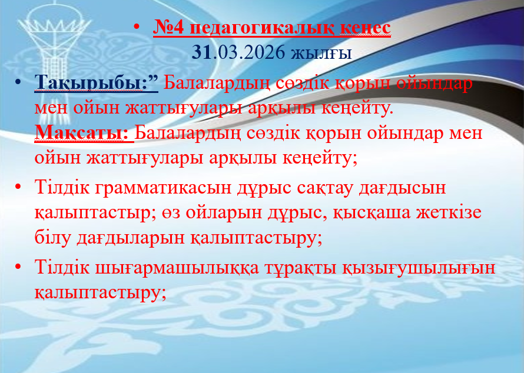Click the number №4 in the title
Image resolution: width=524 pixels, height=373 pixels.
(168, 28)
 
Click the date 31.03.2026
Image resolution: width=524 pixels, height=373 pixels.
(238, 52)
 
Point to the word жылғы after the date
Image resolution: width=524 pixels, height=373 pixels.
(321, 54)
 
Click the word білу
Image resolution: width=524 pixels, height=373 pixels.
(52, 238)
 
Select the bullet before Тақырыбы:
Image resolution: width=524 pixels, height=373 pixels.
(18, 81)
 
